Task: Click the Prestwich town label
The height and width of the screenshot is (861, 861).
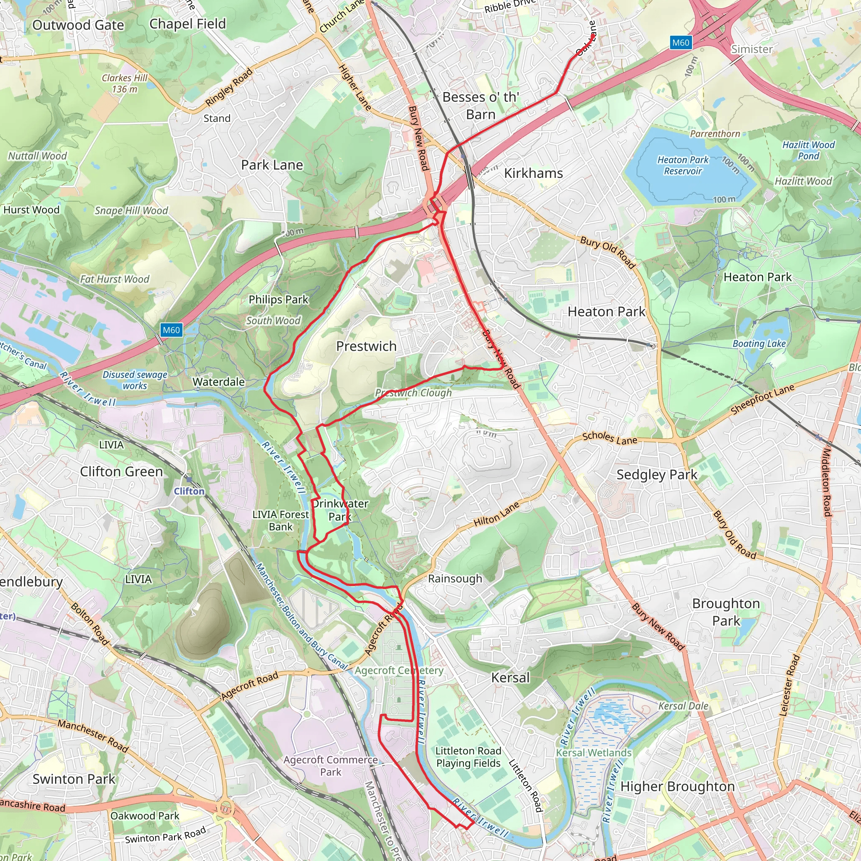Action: pos(366,346)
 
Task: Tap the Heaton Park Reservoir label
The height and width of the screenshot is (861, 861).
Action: pos(682,165)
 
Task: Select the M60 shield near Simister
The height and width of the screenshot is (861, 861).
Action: pos(680,43)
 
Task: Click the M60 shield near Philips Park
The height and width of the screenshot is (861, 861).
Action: pos(171,330)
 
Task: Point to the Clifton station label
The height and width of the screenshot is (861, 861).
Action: pos(189,491)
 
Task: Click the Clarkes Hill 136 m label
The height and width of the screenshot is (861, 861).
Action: pos(124,83)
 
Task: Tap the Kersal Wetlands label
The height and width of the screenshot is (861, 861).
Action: pos(594,753)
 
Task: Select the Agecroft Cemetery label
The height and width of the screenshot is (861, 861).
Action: pos(399,670)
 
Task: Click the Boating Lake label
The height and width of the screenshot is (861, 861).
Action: pos(759,343)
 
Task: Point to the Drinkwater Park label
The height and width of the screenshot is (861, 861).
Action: pos(340,510)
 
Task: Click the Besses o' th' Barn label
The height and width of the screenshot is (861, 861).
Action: pos(481,106)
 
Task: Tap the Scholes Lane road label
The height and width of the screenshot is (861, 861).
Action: pos(610,438)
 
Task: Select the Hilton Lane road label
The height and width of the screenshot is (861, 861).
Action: pos(496,514)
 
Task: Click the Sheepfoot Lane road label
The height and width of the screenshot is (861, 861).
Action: pos(763,399)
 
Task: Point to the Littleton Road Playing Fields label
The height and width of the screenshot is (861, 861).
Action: pos(468,757)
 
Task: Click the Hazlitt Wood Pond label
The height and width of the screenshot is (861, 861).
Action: pos(808,150)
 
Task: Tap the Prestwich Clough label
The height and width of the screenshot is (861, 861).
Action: pos(413,393)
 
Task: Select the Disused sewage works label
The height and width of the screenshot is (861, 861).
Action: pos(135,380)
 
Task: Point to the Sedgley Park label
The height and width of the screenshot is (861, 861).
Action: pos(656,475)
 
